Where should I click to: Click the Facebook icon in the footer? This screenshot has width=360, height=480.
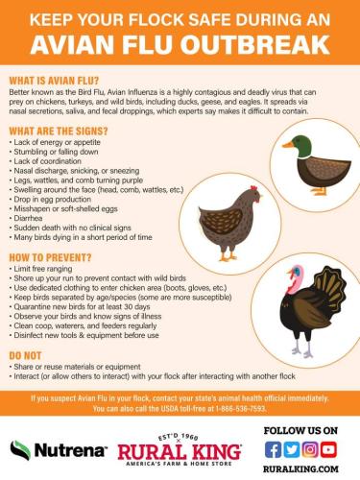coord(273,449)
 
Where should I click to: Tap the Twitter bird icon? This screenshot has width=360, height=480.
coord(292,449)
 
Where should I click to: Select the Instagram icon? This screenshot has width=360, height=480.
coord(310,449)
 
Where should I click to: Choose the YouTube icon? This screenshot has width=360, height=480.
coord(328,449)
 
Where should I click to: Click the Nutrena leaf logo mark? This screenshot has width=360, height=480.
coord(20,450)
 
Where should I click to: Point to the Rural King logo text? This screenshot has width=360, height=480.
coord(180,452)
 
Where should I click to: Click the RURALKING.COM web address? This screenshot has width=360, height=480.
coord(300,469)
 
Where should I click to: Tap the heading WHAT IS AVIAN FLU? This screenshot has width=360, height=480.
coord(54,81)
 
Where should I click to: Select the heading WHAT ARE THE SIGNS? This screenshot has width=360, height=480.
coord(59,131)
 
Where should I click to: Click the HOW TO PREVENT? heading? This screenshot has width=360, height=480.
coord(50,257)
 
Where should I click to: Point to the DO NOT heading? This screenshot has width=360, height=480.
coord(25,355)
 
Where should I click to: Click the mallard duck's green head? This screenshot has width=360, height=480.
coord(301,146)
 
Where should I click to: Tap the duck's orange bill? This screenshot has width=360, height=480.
coord(288,145)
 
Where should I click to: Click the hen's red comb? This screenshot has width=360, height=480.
coord(254,188)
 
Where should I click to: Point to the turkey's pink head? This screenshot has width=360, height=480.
coord(295,279)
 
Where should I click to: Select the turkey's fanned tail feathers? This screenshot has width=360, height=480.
coord(330,285)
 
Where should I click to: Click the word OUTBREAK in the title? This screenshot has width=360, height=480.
coord(255,45)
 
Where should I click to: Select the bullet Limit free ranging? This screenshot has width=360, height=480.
coord(40,269)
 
